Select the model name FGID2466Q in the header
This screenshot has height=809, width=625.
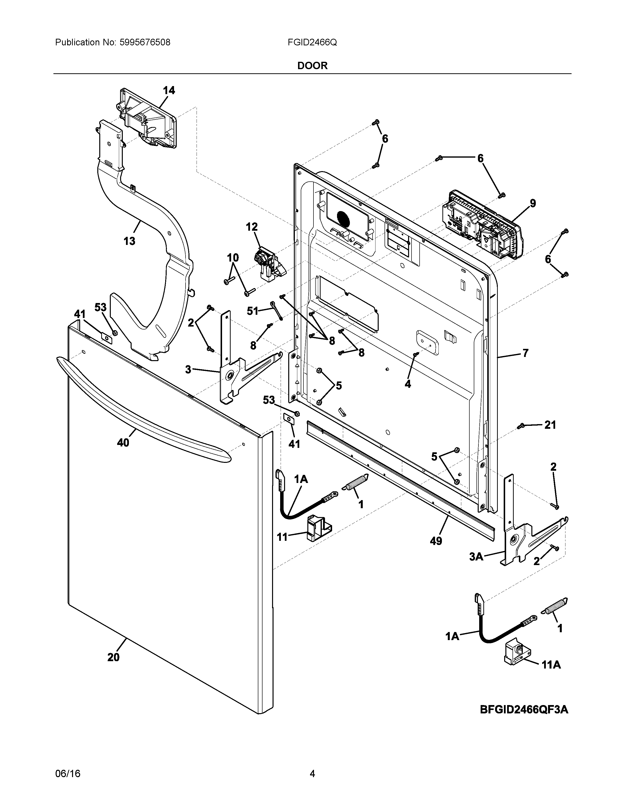click(312, 43)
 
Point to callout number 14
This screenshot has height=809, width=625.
click(169, 90)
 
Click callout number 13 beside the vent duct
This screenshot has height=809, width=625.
click(129, 241)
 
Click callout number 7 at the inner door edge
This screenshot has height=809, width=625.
click(525, 353)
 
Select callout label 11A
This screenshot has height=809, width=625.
click(551, 665)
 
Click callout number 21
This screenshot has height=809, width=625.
click(550, 425)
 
